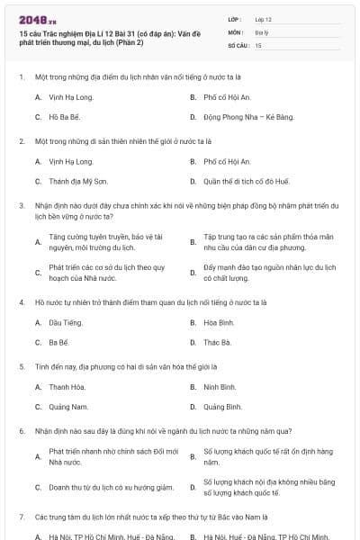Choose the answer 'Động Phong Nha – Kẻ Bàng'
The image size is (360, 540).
coord(236,117)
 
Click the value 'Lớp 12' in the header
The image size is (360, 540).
coord(263,19)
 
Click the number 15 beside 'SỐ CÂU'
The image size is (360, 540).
coord(258,44)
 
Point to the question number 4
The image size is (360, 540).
coord(21,301)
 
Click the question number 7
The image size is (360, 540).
coord(21,518)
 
